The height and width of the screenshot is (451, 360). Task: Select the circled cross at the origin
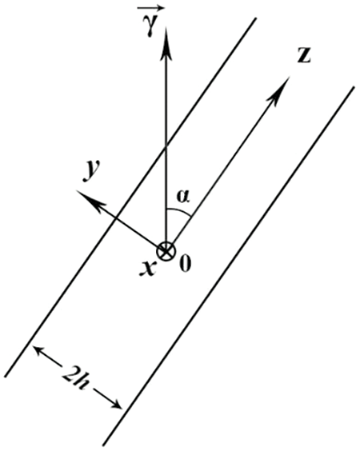(x=166, y=251)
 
